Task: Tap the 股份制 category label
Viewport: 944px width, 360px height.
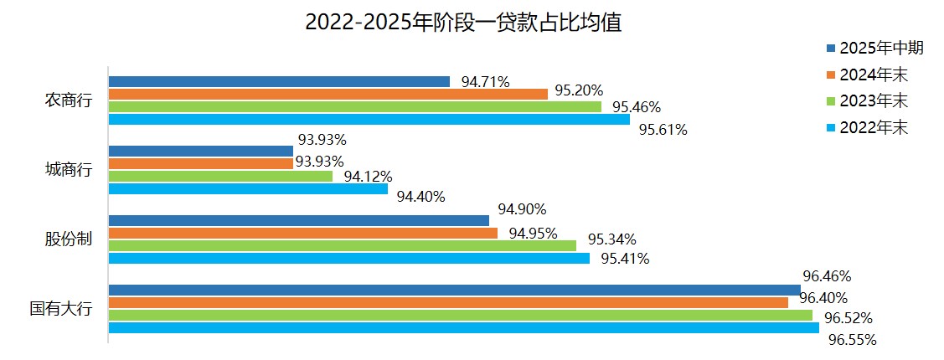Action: click(68, 239)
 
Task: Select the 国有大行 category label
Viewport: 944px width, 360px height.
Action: click(61, 309)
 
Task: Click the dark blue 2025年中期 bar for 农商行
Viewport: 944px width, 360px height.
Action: click(279, 82)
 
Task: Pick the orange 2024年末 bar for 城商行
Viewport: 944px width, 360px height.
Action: click(200, 163)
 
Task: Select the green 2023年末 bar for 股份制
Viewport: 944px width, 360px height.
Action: click(342, 245)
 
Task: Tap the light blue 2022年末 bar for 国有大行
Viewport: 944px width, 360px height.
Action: click(463, 327)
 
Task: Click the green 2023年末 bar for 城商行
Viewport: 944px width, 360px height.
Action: click(220, 177)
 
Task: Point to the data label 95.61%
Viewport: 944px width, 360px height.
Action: click(663, 130)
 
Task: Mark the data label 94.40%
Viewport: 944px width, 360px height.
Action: click(420, 197)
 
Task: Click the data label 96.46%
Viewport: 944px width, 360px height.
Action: click(827, 275)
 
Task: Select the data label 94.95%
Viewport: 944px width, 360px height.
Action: click(533, 233)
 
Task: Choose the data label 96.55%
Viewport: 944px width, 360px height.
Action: click(852, 340)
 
